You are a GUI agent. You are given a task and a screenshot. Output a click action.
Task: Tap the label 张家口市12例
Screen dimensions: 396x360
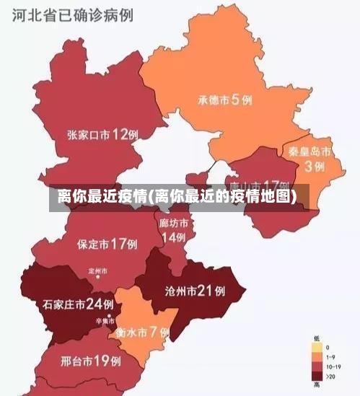pos(103,134)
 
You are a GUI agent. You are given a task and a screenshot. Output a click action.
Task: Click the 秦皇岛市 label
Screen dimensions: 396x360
pos(309,152)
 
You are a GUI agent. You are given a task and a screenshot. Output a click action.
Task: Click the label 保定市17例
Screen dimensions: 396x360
pos(107,244)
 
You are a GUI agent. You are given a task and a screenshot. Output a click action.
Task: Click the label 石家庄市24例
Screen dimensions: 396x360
pos(78,304)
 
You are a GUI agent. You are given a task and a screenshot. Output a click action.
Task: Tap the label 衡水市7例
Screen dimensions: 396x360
pos(142,333)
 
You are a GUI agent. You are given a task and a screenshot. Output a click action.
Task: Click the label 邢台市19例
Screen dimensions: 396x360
pos(90,359)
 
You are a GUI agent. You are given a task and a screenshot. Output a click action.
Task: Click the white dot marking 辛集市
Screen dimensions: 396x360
pos(110,316)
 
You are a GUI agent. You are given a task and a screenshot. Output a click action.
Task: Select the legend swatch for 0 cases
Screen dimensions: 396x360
pos(317,347)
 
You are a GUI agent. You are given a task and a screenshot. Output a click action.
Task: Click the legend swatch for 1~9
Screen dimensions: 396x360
pos(317,356)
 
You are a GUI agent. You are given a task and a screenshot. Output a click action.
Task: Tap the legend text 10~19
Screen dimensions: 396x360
pos(333,366)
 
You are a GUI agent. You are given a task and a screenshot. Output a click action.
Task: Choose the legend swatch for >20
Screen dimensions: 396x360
pos(317,375)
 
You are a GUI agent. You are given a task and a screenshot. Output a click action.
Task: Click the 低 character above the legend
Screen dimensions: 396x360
pos(317,338)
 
